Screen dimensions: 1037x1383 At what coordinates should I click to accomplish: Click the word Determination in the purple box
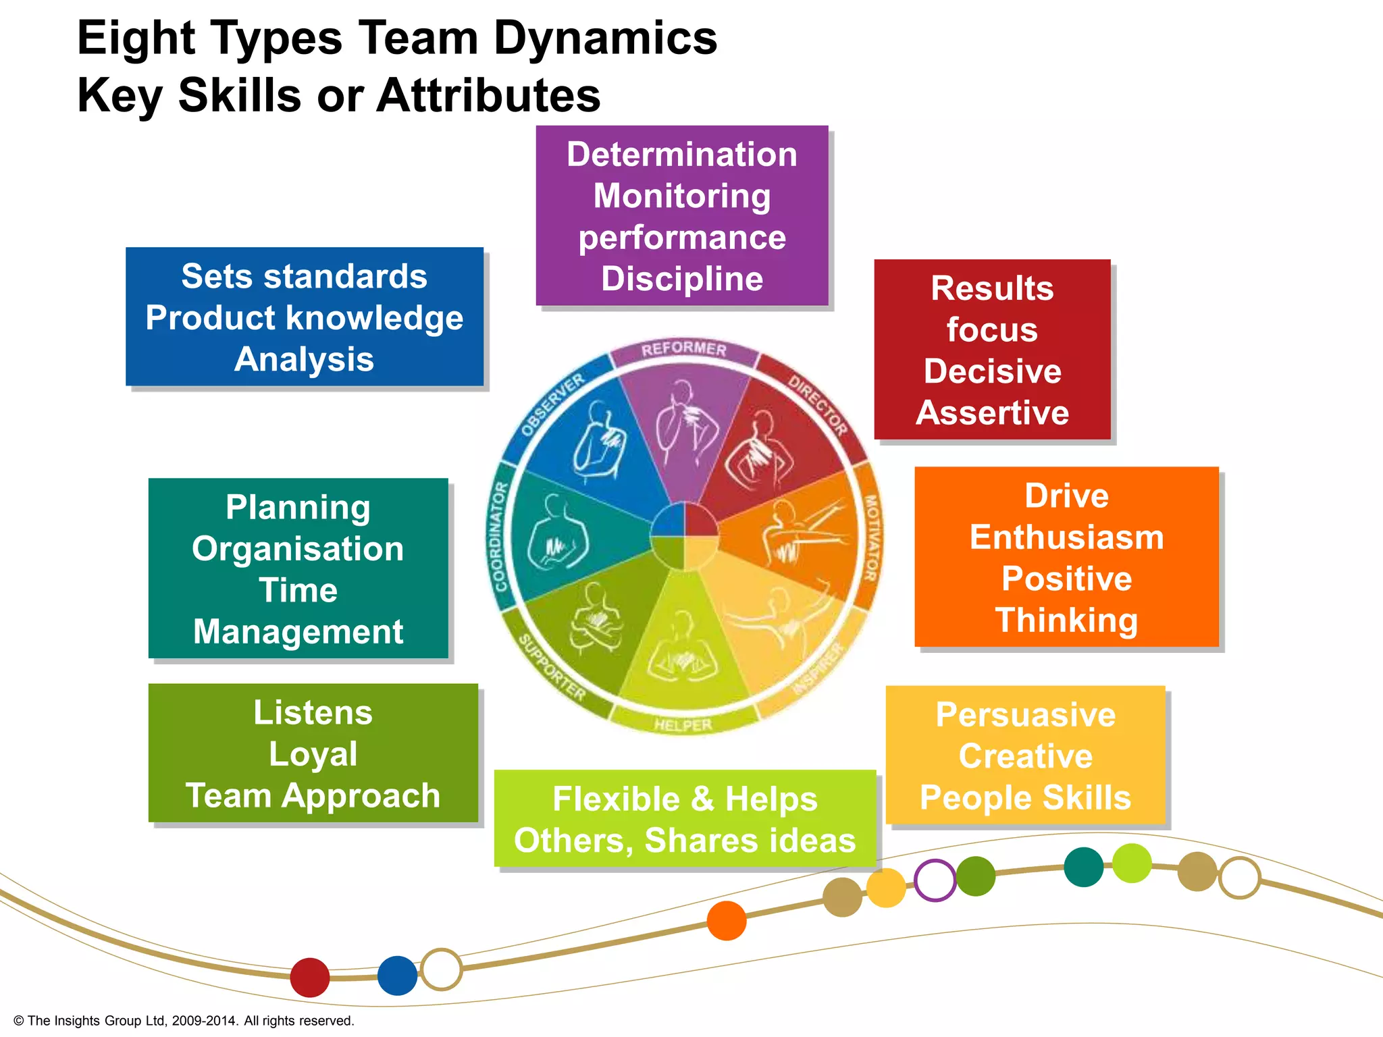tap(681, 155)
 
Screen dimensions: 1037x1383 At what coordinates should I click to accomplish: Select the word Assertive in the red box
tap(992, 413)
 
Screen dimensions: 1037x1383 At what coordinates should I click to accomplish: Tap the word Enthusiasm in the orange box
tap(1066, 537)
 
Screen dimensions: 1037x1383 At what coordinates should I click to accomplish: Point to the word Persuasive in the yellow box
tap(1025, 715)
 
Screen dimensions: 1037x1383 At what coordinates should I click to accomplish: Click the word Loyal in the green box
tap(313, 754)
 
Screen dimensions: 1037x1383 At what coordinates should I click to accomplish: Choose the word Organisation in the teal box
tap(298, 549)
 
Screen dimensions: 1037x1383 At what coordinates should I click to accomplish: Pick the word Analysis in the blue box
tap(304, 359)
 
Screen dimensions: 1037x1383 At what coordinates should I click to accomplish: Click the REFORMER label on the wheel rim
tap(683, 349)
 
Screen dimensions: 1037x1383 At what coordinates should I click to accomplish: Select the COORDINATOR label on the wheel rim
tap(500, 537)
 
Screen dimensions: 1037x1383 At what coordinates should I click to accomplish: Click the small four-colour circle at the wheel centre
tap(684, 537)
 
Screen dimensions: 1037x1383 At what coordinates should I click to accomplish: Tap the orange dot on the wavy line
tap(727, 920)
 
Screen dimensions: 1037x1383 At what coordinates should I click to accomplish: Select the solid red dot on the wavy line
tap(309, 977)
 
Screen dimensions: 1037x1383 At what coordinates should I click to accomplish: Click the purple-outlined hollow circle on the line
tap(935, 880)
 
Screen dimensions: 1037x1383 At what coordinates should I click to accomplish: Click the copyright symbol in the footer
tap(18, 1021)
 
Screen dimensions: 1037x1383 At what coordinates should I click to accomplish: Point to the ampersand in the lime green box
tap(702, 799)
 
